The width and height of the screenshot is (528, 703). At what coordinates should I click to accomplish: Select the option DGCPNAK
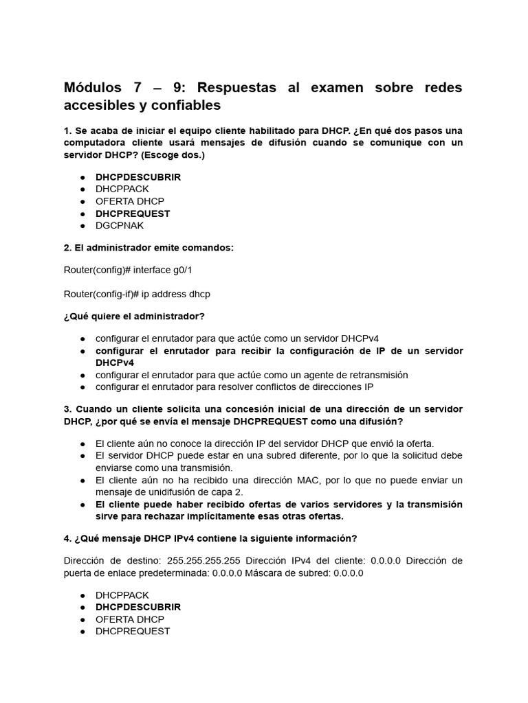[120, 225]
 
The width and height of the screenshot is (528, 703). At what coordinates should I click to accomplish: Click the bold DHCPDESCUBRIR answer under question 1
[138, 176]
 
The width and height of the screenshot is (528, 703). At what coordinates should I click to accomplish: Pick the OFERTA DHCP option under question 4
[130, 619]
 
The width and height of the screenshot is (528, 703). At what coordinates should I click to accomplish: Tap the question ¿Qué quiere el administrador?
[134, 316]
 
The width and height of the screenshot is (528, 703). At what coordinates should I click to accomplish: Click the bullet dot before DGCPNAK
[82, 226]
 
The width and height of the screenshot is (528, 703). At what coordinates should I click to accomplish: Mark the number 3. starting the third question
[68, 409]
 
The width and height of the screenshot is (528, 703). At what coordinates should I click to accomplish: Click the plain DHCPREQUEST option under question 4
[133, 631]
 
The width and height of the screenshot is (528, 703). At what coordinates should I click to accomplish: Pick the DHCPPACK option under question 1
[122, 189]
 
